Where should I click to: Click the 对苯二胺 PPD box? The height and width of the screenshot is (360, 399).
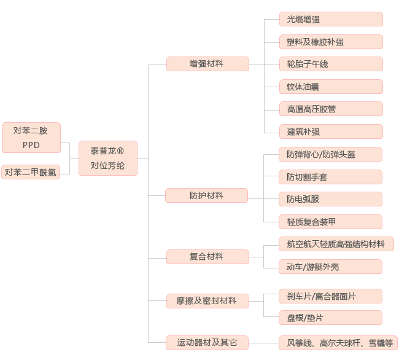click(x=31, y=138)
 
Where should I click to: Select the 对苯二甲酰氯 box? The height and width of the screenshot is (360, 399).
click(x=31, y=172)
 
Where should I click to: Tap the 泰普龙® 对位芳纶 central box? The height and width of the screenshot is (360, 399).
click(x=108, y=158)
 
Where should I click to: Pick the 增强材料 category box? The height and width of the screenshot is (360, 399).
click(x=207, y=64)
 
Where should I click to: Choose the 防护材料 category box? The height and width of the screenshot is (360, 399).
click(x=206, y=195)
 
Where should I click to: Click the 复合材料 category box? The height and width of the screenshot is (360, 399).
click(x=207, y=257)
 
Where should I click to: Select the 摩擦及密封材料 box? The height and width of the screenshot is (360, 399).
click(x=207, y=301)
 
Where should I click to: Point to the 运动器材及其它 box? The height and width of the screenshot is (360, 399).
click(x=207, y=343)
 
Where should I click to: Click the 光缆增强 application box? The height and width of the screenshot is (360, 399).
click(x=331, y=19)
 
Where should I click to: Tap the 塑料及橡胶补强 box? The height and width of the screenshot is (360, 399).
click(x=331, y=42)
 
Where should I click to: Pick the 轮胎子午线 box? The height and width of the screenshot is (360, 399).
click(x=331, y=64)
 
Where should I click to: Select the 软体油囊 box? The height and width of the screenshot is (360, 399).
click(x=331, y=87)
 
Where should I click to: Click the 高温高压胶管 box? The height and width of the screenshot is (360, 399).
click(x=331, y=109)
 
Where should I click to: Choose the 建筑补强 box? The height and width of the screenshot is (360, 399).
click(x=331, y=131)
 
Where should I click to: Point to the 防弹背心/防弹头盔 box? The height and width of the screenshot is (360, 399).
click(x=330, y=154)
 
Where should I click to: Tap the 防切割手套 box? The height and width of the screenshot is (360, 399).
click(x=330, y=177)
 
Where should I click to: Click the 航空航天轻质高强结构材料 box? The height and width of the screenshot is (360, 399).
click(x=336, y=244)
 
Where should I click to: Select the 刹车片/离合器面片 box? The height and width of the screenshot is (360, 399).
click(x=330, y=296)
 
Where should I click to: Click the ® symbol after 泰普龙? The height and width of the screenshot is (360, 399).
click(x=120, y=151)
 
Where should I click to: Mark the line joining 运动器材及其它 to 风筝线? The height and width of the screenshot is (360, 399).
click(x=263, y=343)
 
